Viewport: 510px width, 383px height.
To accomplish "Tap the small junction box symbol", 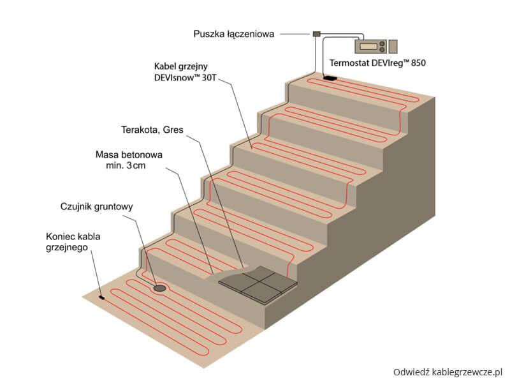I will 316,33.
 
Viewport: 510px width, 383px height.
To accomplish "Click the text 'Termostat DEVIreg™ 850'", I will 377,64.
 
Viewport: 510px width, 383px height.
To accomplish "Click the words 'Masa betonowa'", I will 129,154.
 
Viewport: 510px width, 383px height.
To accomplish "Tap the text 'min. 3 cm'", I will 131,166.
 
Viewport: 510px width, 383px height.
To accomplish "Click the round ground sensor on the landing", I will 160,289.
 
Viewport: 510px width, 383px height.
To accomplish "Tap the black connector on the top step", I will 330,79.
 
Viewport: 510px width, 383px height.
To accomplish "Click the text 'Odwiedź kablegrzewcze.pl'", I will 448,370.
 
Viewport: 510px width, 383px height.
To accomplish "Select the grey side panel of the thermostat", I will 393,47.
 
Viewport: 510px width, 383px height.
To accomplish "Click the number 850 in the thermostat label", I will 416,64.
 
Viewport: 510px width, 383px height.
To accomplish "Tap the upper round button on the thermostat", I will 382,43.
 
